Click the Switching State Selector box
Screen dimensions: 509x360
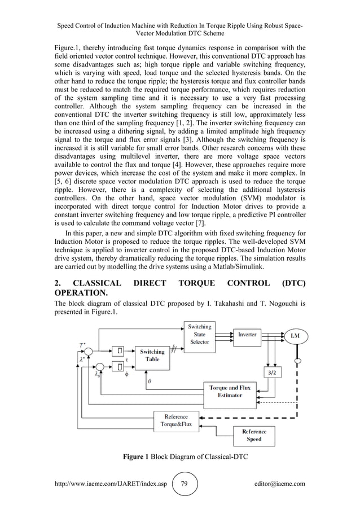click(x=200, y=334)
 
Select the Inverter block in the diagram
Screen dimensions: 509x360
click(x=247, y=335)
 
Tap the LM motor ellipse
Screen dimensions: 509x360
click(x=295, y=336)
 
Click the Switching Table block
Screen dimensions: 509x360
click(x=152, y=356)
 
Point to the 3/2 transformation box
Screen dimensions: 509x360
click(x=273, y=372)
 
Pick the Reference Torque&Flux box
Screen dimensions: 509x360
click(x=176, y=420)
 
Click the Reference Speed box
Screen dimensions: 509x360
click(x=254, y=435)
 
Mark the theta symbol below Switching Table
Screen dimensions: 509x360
click(x=149, y=381)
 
